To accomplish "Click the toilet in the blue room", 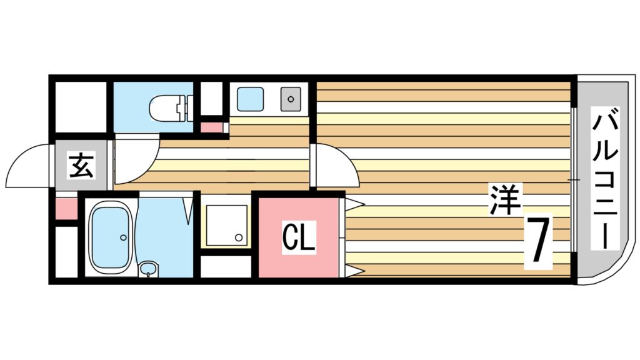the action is [171, 108].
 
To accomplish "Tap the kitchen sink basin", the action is [250, 99].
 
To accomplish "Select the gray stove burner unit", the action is [291, 99].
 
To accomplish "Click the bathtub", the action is [110, 237].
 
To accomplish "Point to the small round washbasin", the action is [147, 269].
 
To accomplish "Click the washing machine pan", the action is [226, 225].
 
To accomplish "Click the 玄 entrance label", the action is [82, 165].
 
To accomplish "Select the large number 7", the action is [538, 241].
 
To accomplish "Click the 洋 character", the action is [505, 199].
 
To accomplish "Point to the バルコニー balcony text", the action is [605, 177].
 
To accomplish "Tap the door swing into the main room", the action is [336, 165].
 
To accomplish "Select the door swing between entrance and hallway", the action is [137, 159].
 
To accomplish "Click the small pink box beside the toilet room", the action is [211, 127].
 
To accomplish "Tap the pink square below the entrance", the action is [66, 209].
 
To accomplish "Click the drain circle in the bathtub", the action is [123, 237].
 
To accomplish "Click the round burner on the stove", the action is [291, 99].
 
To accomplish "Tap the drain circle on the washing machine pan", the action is [239, 237].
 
